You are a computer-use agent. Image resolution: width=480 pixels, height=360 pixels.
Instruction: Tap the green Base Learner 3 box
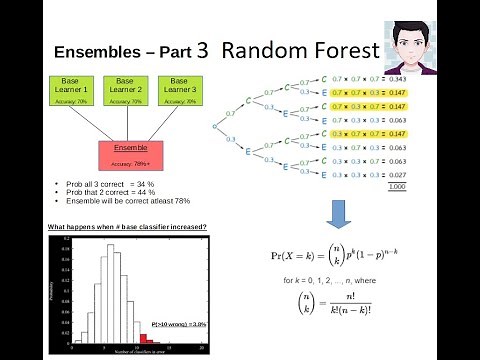point(179,88)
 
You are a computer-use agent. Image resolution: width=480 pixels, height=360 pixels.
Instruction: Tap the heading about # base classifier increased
point(127,227)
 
